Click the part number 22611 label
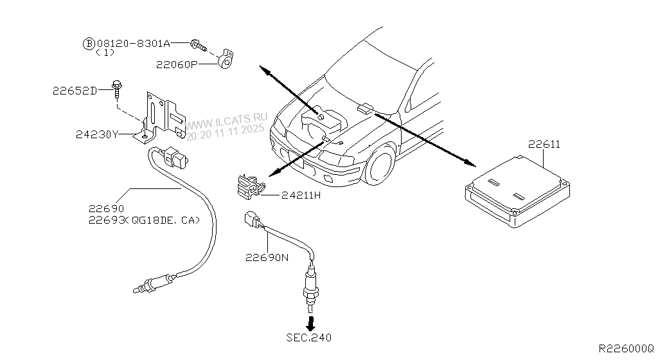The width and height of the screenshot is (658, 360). [x=544, y=145]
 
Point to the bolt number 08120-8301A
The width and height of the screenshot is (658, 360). [x=133, y=44]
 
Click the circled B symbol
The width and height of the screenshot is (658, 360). [x=88, y=44]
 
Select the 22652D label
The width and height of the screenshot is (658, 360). [x=75, y=91]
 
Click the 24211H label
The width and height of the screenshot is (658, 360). [x=300, y=195]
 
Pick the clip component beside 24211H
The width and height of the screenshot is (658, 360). [x=249, y=184]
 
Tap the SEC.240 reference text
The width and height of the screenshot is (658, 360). [x=309, y=337]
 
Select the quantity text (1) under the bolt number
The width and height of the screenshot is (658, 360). [x=105, y=53]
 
